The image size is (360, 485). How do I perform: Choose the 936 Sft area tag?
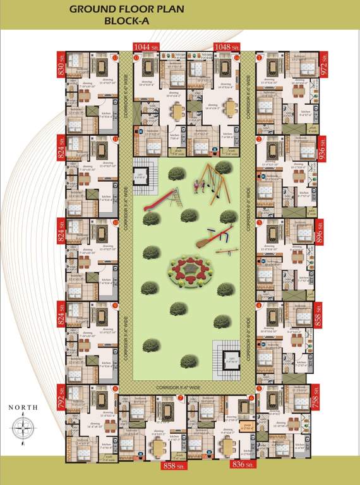click(321, 152)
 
